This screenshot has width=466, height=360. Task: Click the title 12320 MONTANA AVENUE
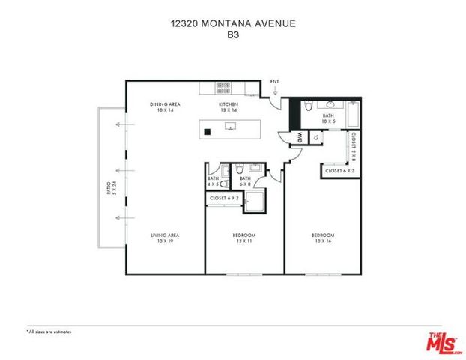click(x=232, y=24)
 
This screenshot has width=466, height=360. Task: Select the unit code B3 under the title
click(x=232, y=34)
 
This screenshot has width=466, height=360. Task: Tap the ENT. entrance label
click(x=274, y=81)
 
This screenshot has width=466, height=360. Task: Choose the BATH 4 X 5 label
click(x=213, y=181)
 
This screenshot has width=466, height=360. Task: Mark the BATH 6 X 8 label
click(x=245, y=181)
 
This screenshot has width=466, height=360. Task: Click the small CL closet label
click(x=316, y=138)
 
